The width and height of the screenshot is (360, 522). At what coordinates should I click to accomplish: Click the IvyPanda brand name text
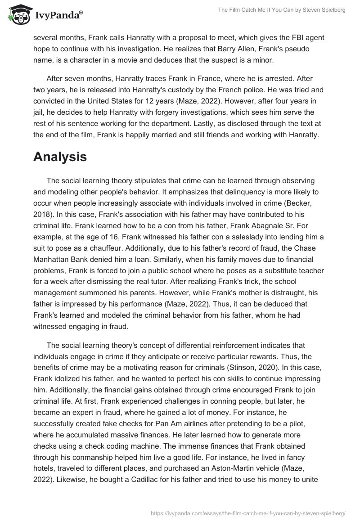pyautogui.click(x=58, y=16)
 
